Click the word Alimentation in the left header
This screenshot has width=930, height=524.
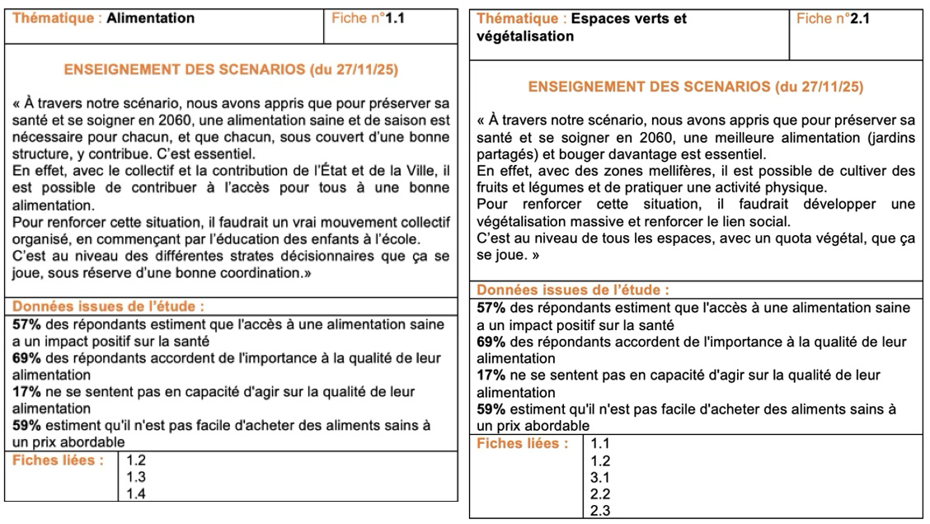coord(151,18)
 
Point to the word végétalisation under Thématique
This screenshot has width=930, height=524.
coord(524,36)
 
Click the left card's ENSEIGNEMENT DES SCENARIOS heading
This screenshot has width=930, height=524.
coord(231,70)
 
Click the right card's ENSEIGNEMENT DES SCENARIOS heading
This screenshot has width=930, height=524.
coord(696,87)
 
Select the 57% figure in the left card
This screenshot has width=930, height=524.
coord(26,325)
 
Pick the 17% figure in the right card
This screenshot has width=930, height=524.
coord(491,375)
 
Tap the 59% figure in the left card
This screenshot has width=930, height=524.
coord(26,426)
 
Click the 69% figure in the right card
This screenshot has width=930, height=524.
coord(491,342)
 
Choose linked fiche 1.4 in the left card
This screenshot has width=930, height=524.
coord(137,493)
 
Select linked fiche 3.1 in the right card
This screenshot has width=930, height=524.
coord(601,477)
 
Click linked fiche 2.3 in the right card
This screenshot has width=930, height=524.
coord(601,511)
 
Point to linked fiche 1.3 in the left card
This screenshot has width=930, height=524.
coord(137,477)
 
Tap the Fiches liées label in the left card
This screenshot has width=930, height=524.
coord(59,460)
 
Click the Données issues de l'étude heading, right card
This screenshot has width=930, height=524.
coord(573,290)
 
